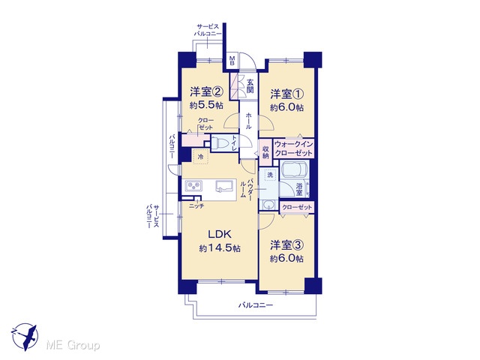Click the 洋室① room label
286,94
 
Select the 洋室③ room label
286,245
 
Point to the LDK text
220,235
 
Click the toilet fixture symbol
221,143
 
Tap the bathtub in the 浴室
294,169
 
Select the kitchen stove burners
193,185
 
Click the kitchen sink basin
224,186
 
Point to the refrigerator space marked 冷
201,157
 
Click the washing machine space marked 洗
270,175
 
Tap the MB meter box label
232,61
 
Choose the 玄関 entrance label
250,86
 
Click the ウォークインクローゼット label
293,148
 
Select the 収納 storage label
265,152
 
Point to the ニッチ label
196,206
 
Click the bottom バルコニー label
256,305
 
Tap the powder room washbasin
268,205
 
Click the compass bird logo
25,337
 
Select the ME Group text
73,346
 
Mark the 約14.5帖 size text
220,248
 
